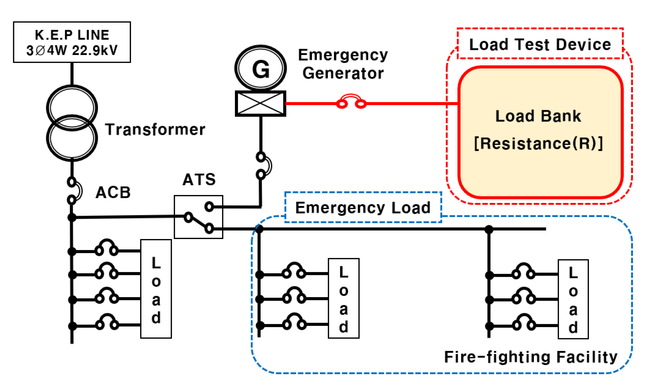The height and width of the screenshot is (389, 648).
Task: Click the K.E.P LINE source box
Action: click(72, 42)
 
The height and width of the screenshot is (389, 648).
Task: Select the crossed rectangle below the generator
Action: click(260, 104)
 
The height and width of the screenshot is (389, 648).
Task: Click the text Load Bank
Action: click(538, 116)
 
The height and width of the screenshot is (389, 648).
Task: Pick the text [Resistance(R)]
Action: click(539, 143)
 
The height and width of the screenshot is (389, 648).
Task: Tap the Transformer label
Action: click(155, 130)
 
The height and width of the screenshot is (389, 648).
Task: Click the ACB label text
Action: click(113, 193)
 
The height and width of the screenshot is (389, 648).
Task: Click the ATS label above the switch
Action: click(199, 180)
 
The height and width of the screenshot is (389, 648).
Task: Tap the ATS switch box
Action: click(199, 217)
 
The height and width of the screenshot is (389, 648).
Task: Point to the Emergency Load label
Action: click(363, 208)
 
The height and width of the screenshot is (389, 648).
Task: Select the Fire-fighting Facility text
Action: click(531, 357)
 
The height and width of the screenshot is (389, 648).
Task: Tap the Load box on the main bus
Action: click(156, 289)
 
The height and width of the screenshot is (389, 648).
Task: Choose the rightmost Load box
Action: click(573, 299)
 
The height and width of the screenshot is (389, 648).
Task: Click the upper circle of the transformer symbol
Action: click(72, 107)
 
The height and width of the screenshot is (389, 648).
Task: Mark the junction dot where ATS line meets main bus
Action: click(72, 217)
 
